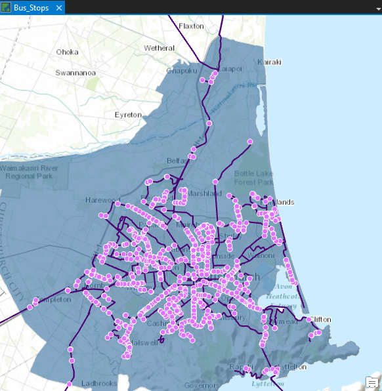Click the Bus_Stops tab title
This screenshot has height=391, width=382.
click(32, 8)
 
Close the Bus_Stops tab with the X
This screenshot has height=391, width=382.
click(58, 8)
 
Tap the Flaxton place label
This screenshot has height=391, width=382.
click(191, 26)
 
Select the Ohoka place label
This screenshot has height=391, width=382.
click(67, 52)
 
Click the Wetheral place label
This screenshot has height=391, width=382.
click(159, 48)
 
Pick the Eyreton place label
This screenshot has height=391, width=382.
click(128, 115)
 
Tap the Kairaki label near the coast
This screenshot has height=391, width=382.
click(270, 62)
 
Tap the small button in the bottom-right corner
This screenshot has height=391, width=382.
click(371, 382)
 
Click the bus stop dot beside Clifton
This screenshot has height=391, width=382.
click(308, 319)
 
